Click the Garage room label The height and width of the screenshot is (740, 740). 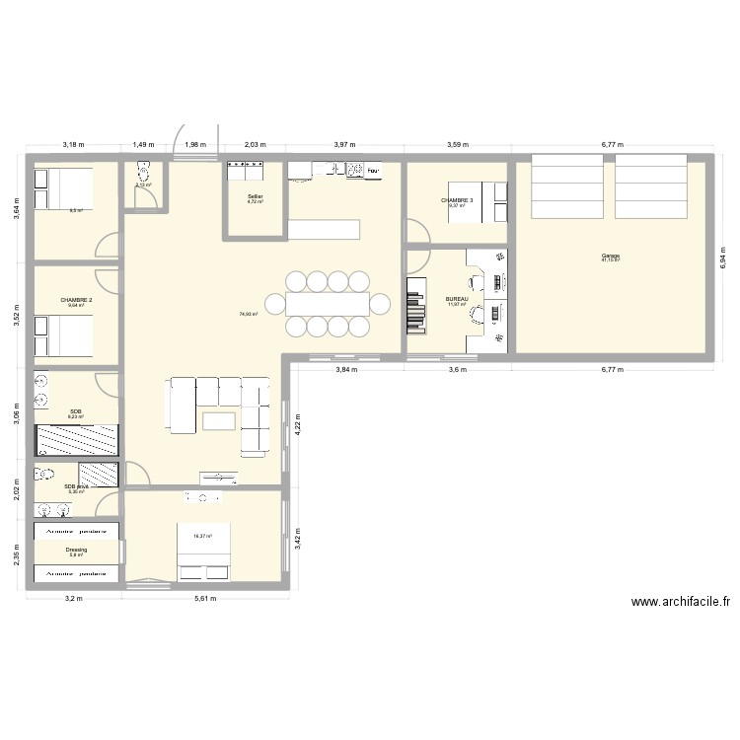[x=610, y=256]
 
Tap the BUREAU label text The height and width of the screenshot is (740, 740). [x=456, y=299]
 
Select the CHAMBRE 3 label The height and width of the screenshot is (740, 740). [x=456, y=200]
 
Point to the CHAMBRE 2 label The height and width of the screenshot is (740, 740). [x=76, y=300]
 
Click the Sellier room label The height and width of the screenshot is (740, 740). [x=256, y=196]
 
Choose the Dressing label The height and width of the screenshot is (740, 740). [x=76, y=550]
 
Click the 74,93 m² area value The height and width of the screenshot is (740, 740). [x=248, y=314]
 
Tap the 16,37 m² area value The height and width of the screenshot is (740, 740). [x=203, y=536]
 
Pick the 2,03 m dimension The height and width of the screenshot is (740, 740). [x=256, y=145]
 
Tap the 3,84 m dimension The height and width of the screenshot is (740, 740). [x=345, y=370]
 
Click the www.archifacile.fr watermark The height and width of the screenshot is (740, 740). [x=680, y=602]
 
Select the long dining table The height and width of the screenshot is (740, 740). [x=327, y=303]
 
